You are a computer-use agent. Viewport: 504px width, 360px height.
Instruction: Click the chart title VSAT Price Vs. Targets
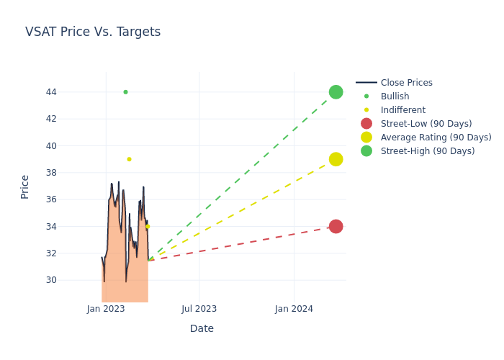(x=93, y=32)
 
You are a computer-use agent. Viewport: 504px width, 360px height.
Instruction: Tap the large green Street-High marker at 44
(x=336, y=92)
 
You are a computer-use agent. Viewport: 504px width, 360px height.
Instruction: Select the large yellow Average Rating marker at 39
(x=336, y=159)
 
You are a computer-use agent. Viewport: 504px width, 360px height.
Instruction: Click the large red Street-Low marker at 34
(x=336, y=226)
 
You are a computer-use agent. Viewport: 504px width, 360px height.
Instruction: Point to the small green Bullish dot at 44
(x=125, y=92)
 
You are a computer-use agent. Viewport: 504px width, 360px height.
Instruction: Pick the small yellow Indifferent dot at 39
(x=129, y=159)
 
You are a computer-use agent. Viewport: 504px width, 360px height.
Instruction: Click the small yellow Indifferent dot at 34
(x=148, y=226)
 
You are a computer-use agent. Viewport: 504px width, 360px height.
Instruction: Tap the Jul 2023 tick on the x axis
(x=199, y=309)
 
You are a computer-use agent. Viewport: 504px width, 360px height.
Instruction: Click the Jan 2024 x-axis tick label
(x=294, y=309)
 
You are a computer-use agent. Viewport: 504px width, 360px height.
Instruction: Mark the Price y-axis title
(x=25, y=186)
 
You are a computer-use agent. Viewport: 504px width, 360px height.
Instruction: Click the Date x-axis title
(x=202, y=329)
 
